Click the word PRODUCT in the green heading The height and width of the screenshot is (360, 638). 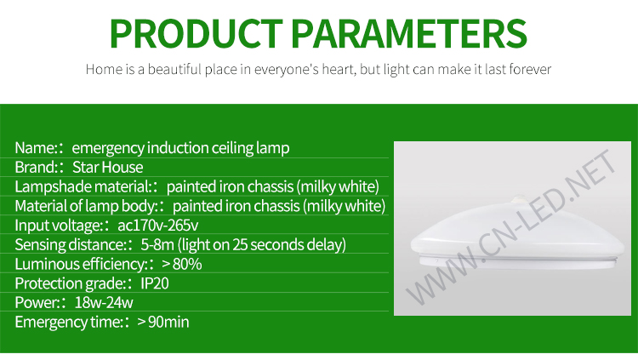(x=197, y=34)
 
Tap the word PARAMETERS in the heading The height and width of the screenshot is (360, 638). (x=410, y=34)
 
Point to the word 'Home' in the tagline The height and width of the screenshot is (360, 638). (x=104, y=69)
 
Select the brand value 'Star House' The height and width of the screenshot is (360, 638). (x=108, y=167)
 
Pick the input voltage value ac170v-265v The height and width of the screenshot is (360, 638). (x=158, y=226)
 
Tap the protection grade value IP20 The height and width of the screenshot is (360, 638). (x=155, y=283)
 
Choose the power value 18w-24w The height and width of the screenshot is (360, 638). (x=104, y=303)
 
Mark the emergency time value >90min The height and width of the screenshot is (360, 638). (x=163, y=322)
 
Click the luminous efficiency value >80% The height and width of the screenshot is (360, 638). (x=181, y=264)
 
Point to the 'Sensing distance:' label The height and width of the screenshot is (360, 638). (x=71, y=245)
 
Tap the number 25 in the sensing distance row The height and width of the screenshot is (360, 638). (x=240, y=245)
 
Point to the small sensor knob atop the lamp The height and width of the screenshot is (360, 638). (x=519, y=200)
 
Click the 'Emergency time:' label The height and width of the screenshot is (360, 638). (x=69, y=322)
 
